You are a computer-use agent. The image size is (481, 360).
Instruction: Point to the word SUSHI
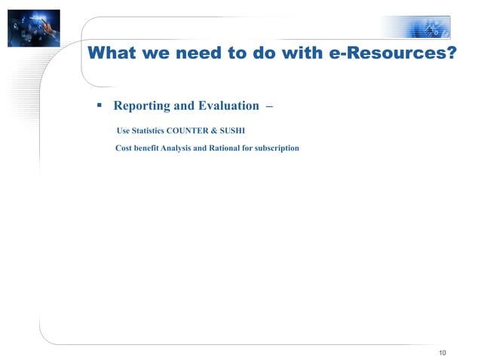tap(232, 130)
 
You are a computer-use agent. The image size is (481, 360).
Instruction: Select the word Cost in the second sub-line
tap(123, 148)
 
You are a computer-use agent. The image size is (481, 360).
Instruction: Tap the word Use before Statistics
tap(123, 130)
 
